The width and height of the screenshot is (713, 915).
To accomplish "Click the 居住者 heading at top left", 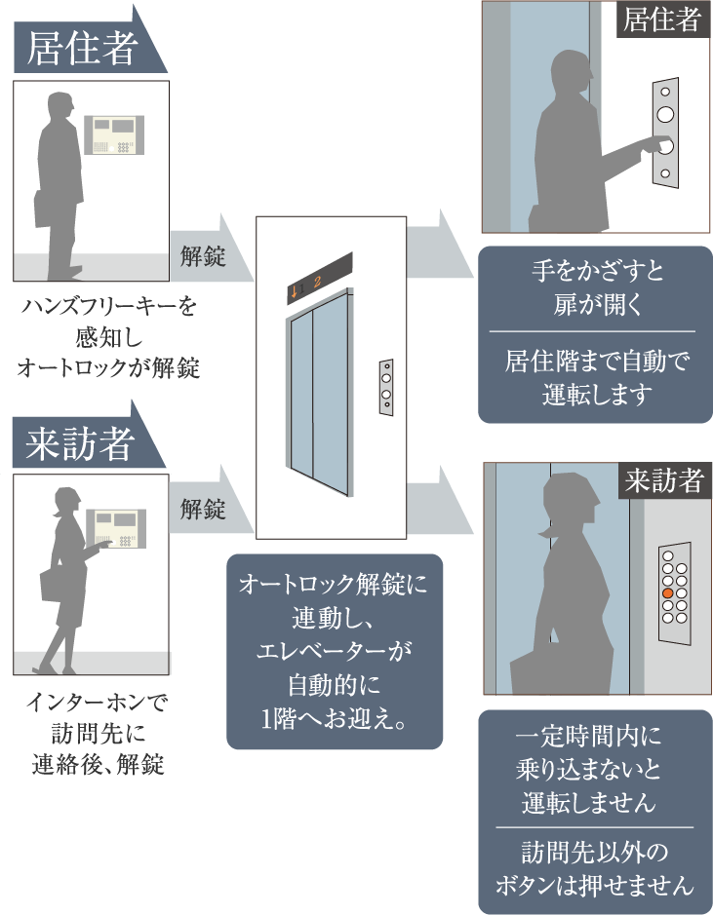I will coord(82,49).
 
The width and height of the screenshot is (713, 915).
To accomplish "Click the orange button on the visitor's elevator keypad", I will coord(667,593).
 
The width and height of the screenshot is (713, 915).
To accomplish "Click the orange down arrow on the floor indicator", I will coord(293,289).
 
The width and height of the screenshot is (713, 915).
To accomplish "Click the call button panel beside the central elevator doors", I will coord(386,386).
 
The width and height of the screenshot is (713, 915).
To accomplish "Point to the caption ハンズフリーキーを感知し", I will coord(108,338).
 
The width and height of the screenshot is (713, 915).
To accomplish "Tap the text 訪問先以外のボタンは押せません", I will coord(594,869).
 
